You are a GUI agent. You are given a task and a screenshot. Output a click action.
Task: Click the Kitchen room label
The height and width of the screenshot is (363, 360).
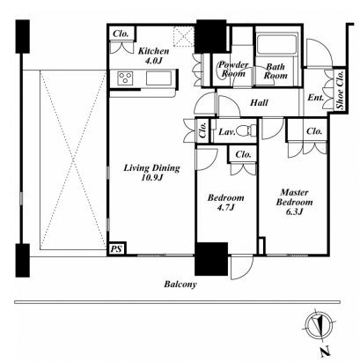coord(153,51)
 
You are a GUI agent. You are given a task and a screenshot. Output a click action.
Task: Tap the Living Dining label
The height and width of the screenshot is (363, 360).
coord(151,168)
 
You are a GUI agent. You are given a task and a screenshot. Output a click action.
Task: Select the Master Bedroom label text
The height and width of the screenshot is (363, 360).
coord(294,197)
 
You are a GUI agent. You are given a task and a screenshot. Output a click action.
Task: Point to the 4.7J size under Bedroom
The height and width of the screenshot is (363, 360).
coord(225,207)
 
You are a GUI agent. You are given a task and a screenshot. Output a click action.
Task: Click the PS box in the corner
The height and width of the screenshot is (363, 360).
coord(116,249)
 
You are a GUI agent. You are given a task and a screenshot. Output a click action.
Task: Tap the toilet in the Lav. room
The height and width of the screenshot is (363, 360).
coord(246,130)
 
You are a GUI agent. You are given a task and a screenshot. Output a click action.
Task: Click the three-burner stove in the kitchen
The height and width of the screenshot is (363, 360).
coord(125,78)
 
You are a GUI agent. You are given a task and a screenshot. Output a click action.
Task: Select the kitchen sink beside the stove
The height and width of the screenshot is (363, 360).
coord(159,78)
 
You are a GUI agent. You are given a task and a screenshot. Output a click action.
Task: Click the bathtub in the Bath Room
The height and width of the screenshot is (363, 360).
coord(276,44)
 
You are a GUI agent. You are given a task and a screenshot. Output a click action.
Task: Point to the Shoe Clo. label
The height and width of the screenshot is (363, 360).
coord(340,90)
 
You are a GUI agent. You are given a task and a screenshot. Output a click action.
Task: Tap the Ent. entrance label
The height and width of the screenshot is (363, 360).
coord(315,98)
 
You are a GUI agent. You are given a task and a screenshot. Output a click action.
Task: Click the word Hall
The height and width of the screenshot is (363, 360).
coord(259,102)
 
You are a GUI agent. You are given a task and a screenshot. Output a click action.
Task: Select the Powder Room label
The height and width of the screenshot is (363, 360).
coord(233,69)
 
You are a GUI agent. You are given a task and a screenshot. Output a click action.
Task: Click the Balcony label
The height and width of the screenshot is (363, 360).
coord(180,285)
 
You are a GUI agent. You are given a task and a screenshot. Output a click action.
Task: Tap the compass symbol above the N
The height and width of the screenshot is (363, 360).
coord(320,325)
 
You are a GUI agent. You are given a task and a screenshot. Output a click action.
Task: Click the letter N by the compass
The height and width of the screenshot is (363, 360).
coord(325,352)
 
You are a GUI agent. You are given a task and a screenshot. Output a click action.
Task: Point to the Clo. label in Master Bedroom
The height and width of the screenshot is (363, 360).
coord(314,131)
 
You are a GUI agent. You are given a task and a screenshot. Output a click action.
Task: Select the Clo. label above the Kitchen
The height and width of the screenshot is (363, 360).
coord(121,33)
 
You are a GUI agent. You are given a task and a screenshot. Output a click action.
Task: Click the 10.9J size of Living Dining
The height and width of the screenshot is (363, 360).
coord(151,177)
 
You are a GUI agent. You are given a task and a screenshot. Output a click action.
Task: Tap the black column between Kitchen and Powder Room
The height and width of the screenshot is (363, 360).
coord(211,36)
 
